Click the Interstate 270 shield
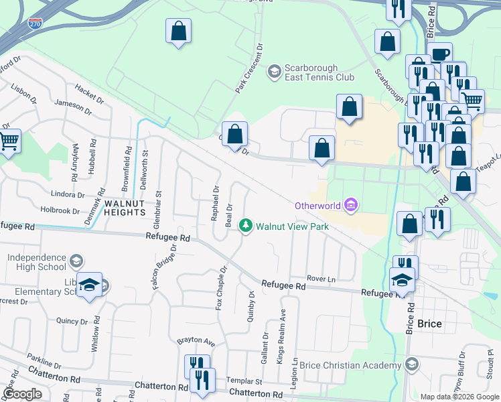tap(35, 23)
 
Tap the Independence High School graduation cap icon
tap(76, 259)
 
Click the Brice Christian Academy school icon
tap(412, 364)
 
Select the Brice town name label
tap(429, 324)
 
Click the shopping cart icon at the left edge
tap(9, 141)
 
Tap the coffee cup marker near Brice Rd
tap(439, 54)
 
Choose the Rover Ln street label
tap(320, 279)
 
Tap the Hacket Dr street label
tap(90, 94)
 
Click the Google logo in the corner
tap(22, 394)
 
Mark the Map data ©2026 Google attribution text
tap(459, 397)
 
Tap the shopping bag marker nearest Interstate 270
tap(178, 31)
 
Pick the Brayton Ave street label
tap(195, 341)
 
